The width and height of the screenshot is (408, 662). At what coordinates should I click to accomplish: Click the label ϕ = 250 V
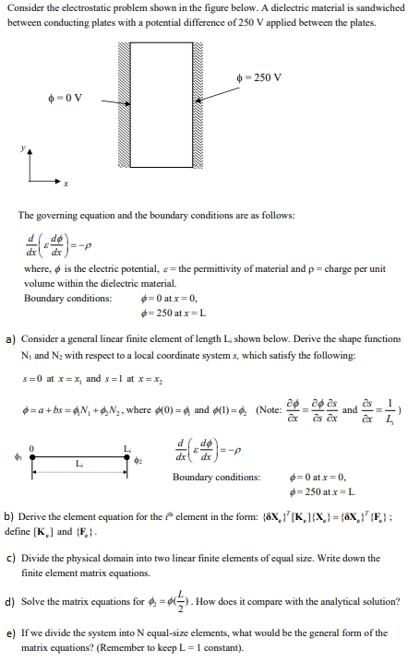266,77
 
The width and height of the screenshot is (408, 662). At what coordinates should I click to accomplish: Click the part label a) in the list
10,339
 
